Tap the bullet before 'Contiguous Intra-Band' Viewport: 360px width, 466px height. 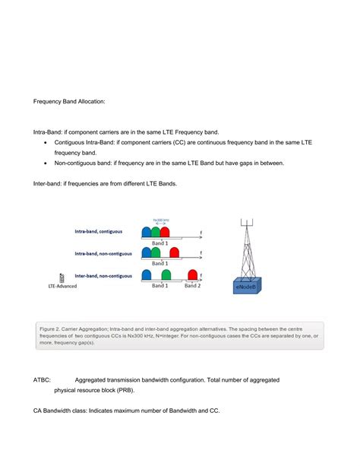(47, 143)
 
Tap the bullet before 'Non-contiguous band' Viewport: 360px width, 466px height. (47, 163)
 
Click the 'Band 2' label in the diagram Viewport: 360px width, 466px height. (193, 286)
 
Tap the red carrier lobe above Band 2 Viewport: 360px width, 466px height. (193, 275)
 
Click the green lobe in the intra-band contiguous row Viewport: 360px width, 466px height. (156, 231)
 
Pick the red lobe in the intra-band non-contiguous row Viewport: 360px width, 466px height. (175, 253)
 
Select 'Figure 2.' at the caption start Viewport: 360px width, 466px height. (49, 327)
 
